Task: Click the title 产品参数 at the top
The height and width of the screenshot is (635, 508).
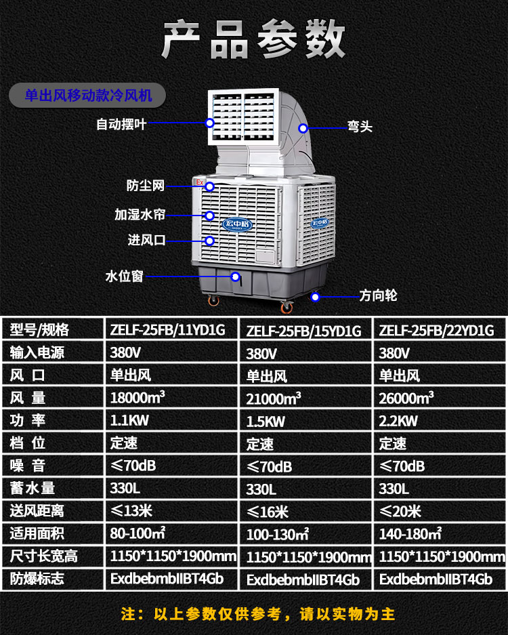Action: [253, 41]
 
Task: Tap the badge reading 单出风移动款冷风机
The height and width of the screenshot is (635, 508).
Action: [88, 96]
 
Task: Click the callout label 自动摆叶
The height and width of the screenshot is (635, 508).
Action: [121, 124]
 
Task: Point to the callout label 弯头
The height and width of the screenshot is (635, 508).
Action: [360, 127]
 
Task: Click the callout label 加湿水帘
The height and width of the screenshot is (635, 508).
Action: [140, 215]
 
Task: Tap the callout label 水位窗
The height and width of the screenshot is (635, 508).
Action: [125, 276]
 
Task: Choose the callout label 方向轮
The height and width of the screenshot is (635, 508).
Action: [378, 295]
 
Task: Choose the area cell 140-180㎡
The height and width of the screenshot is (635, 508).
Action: [410, 534]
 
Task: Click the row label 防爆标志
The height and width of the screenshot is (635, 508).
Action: [37, 578]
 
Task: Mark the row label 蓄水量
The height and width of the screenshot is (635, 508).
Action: [33, 488]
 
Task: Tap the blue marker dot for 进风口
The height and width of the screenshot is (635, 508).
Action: [210, 241]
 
